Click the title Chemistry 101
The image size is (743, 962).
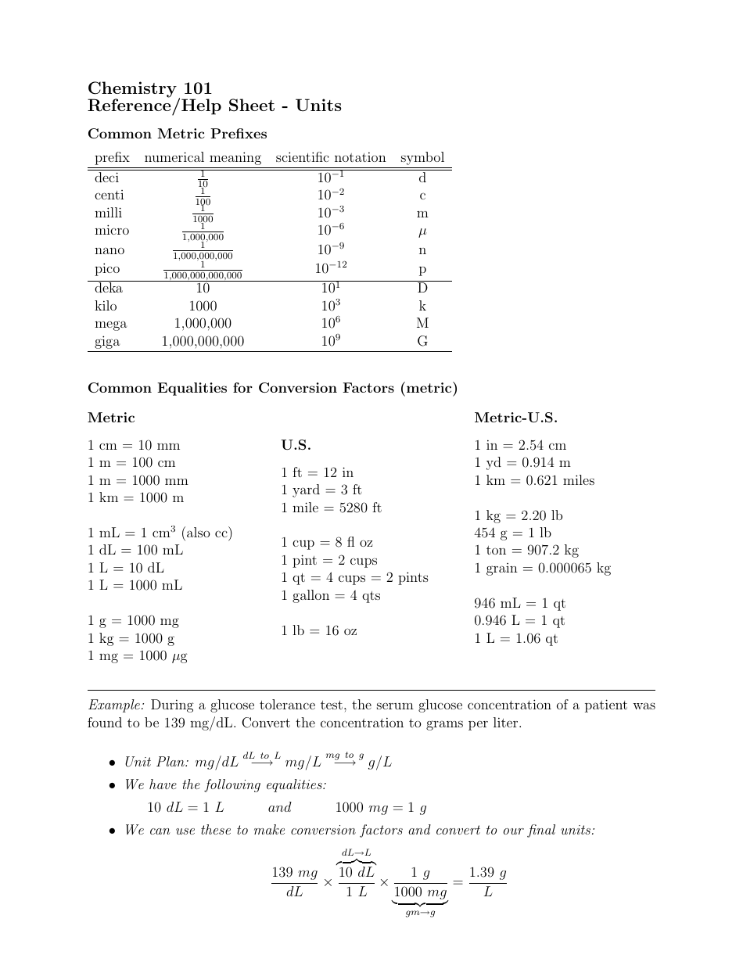(x=149, y=88)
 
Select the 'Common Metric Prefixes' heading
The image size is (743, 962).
(x=177, y=134)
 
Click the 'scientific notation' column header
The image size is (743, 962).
(x=330, y=157)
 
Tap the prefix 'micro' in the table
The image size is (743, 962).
(x=112, y=231)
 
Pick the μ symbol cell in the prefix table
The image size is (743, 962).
(x=422, y=232)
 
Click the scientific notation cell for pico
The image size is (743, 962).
(x=330, y=268)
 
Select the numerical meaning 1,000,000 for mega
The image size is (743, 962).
(x=203, y=324)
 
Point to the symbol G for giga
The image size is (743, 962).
(x=422, y=342)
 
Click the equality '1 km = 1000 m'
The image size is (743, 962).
(x=135, y=498)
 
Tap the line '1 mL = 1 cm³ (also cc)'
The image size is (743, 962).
(x=160, y=533)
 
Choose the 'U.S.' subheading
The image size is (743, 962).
(x=296, y=445)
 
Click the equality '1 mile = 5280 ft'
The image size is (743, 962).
(x=331, y=508)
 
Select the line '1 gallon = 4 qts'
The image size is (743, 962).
(x=330, y=595)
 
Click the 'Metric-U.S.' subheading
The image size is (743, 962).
(x=515, y=418)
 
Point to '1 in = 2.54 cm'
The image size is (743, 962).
(x=520, y=445)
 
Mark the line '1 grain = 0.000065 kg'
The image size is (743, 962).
(x=542, y=569)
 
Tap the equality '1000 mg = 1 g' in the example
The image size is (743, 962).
(x=380, y=808)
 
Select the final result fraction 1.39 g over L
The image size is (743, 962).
(x=487, y=881)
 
